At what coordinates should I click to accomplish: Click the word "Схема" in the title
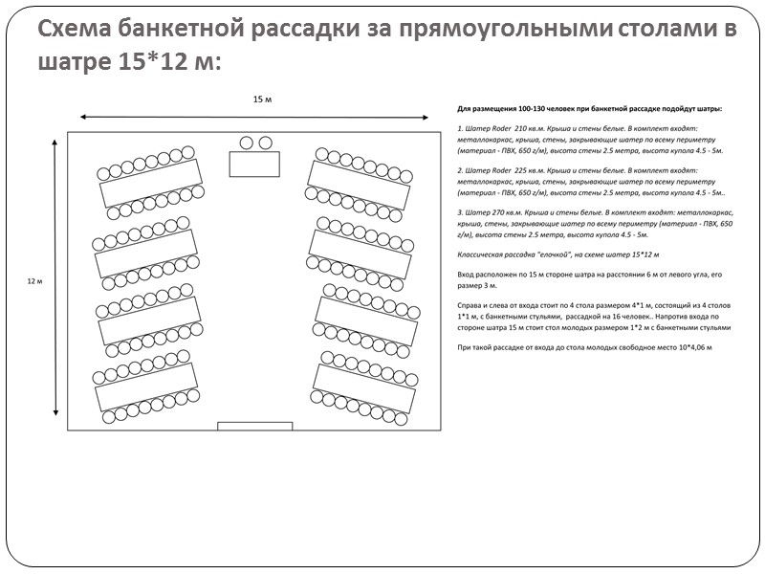76,30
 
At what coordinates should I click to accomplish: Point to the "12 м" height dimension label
34,280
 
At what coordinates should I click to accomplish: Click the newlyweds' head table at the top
254,164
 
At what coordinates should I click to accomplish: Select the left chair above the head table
246,143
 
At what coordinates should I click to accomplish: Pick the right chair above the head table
265,143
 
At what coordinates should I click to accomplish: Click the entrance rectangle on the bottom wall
254,426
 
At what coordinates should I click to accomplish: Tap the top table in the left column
151,182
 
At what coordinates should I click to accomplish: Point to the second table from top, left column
146,251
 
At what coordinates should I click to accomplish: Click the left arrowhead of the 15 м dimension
83,117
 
